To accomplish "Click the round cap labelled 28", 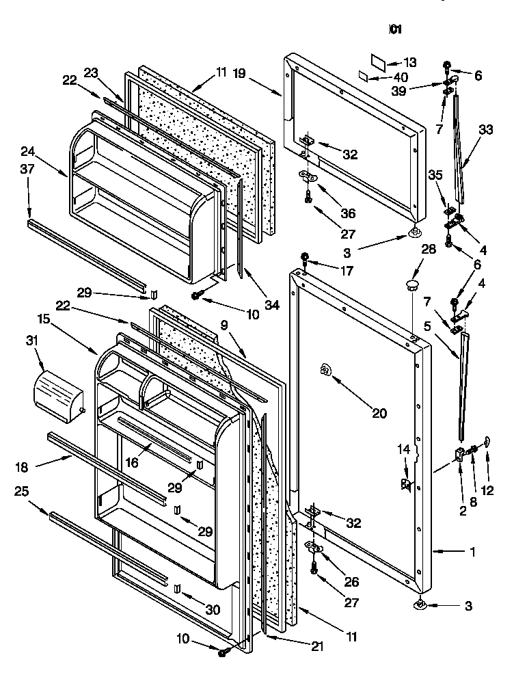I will pyautogui.click(x=411, y=284).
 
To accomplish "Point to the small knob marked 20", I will pyautogui.click(x=325, y=371).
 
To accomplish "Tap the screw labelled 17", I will pyautogui.click(x=305, y=258).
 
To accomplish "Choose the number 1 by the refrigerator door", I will pyautogui.click(x=472, y=552).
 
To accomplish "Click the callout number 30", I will pyautogui.click(x=213, y=609).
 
